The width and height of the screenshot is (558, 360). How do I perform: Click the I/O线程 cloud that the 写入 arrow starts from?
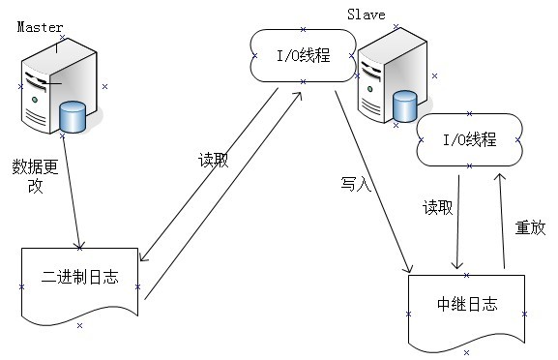click(303, 55)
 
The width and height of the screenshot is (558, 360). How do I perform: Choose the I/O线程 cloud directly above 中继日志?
click(469, 141)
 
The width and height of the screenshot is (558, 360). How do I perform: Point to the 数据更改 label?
click(35, 175)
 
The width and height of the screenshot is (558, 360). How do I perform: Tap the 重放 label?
click(530, 228)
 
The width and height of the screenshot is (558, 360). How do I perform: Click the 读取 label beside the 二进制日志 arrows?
click(213, 161)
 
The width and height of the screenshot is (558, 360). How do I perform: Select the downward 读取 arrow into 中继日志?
click(457, 218)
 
